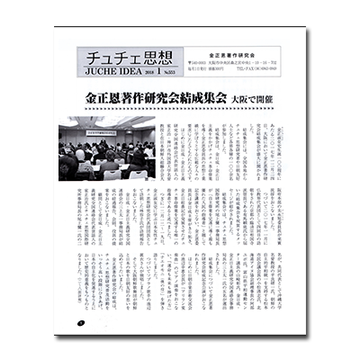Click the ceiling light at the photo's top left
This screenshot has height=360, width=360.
click(71, 120)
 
